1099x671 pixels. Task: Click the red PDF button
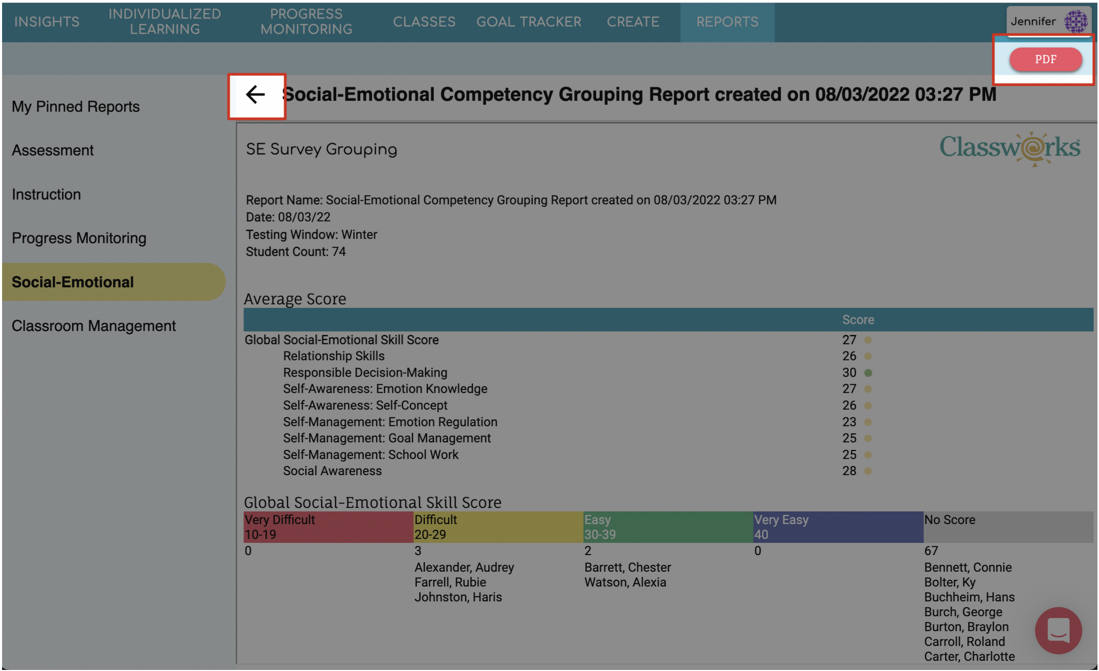coord(1045,59)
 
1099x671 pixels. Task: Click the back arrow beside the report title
coord(256,95)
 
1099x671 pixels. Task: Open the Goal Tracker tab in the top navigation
coord(529,22)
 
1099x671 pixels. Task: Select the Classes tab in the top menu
coord(424,22)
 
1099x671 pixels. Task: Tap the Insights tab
coord(47,22)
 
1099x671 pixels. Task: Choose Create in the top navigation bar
coord(633,22)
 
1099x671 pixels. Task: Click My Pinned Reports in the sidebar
coord(76,106)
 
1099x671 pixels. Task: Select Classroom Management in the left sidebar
coord(94,326)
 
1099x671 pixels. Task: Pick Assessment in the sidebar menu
coord(53,150)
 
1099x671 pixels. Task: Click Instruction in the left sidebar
coord(46,194)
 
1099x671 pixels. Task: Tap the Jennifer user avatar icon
coord(1076,21)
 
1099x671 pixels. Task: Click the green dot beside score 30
coord(868,373)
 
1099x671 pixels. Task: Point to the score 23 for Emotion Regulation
coord(849,422)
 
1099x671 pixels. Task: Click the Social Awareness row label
coord(332,471)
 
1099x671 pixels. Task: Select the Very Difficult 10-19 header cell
coord(328,527)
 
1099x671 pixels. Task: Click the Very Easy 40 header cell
coord(838,527)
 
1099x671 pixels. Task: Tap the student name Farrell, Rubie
coord(450,582)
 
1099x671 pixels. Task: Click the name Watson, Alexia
coord(625,582)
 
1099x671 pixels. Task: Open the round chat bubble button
coord(1058,630)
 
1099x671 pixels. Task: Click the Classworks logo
coord(1010,149)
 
